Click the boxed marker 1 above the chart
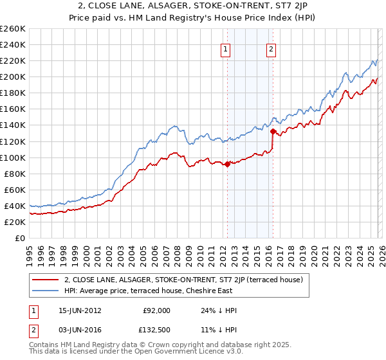click(x=226, y=49)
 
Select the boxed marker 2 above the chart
click(x=271, y=49)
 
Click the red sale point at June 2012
click(x=227, y=164)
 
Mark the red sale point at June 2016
click(x=272, y=132)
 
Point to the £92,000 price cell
click(x=157, y=310)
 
